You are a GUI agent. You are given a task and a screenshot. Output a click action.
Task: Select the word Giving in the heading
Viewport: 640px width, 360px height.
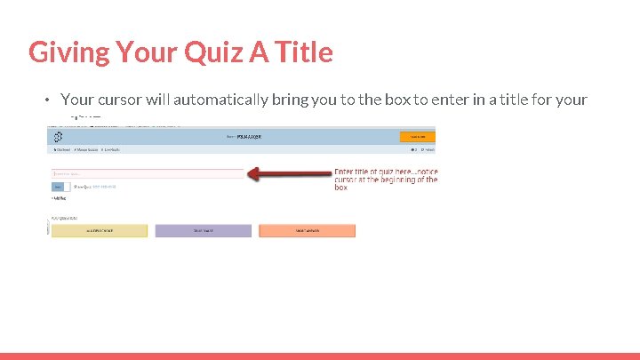(x=68, y=52)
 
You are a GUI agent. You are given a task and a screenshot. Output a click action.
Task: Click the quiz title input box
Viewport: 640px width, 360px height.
(x=148, y=173)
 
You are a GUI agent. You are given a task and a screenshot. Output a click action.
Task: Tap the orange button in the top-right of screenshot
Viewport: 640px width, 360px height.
(x=417, y=136)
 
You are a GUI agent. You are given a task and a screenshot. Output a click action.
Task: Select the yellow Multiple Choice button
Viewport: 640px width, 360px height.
(x=99, y=230)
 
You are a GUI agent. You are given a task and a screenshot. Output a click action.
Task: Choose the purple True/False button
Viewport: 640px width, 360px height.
(x=204, y=230)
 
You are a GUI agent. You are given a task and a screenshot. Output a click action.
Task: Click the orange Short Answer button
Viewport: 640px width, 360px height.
(x=307, y=230)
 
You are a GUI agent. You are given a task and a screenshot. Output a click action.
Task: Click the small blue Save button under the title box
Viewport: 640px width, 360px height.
(x=58, y=187)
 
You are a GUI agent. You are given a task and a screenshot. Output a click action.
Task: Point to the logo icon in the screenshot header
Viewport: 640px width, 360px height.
(x=58, y=137)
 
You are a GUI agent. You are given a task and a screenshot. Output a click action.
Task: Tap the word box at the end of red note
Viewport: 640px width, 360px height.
(x=341, y=188)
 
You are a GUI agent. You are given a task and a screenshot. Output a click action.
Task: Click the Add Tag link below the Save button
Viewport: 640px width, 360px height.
(x=59, y=198)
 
